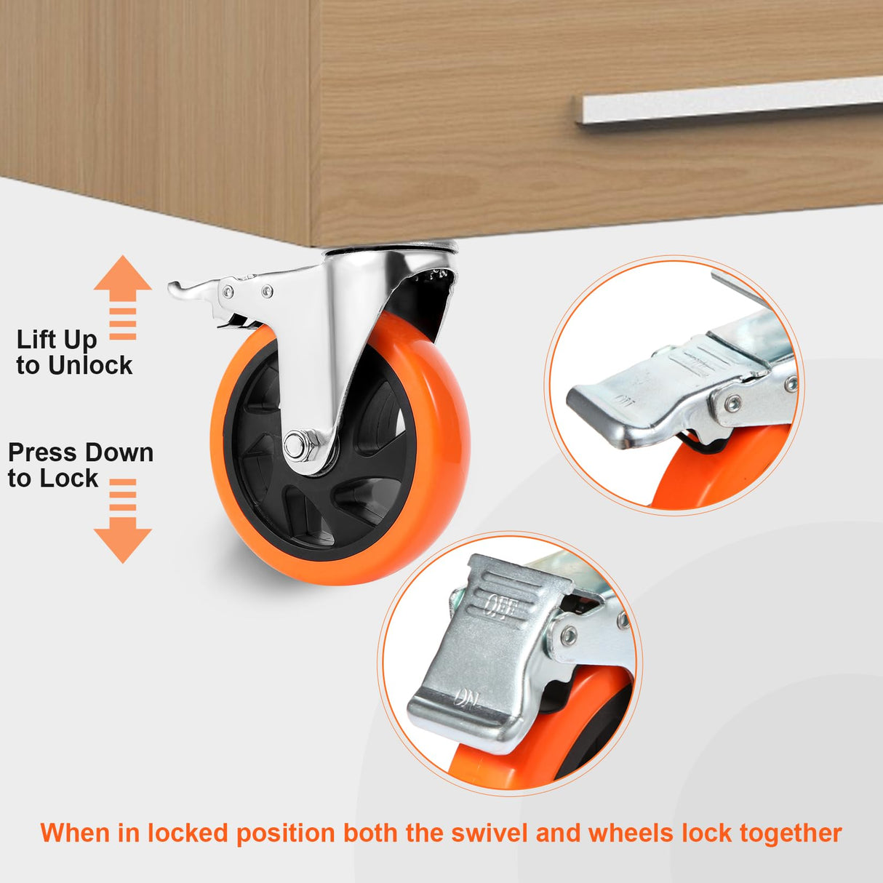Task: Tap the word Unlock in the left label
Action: click(90, 365)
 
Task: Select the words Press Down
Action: click(81, 452)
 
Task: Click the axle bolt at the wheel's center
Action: click(296, 445)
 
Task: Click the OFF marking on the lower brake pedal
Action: click(501, 604)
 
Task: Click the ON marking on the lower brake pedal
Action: click(466, 699)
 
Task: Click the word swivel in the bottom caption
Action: click(489, 833)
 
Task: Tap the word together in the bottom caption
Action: click(791, 833)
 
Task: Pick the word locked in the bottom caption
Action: click(188, 833)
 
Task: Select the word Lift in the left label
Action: click(36, 340)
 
